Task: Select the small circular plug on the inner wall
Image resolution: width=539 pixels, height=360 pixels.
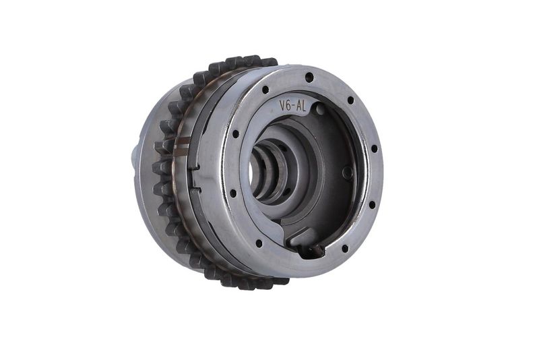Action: tap(348, 172)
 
